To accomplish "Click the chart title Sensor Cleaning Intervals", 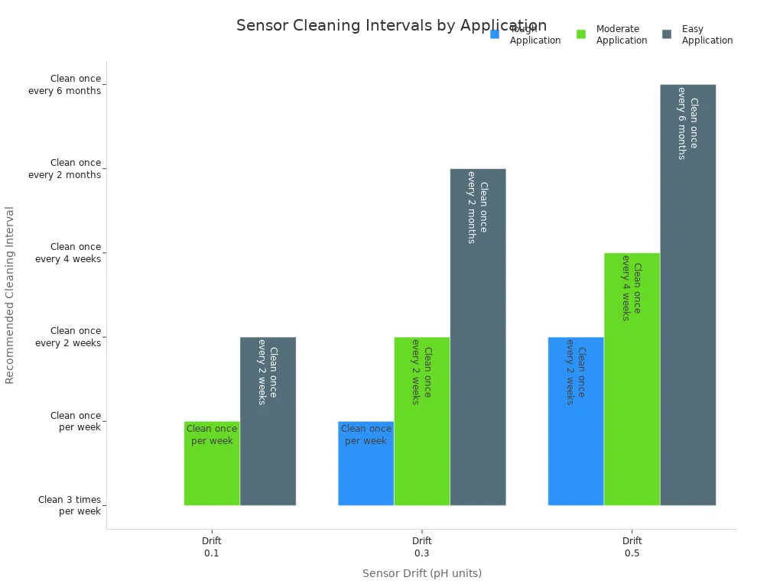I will coord(391,26).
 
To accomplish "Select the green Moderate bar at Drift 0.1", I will coord(212,463).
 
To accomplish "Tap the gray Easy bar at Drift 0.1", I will coord(268,421).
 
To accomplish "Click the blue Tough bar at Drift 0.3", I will coord(366,463).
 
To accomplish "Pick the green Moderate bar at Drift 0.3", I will coord(422,421).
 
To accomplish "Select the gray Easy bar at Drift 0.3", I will coord(478,337).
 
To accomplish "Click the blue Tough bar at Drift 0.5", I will coord(576,421).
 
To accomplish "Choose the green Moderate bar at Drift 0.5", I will coord(632,379).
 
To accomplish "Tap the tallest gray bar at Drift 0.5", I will coord(687,295).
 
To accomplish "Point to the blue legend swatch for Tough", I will coord(495,34).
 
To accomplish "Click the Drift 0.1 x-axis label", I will coord(212,546).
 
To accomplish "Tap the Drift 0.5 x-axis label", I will coord(632,546).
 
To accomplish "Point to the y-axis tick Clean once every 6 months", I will coord(65,85).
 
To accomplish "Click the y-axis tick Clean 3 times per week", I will coord(70,505).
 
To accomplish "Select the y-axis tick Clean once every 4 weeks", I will coord(68,253).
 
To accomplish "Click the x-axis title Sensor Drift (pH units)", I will coord(422,573).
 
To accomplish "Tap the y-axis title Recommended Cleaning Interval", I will coord(10,295).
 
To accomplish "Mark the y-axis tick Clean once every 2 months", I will coord(65,169).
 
